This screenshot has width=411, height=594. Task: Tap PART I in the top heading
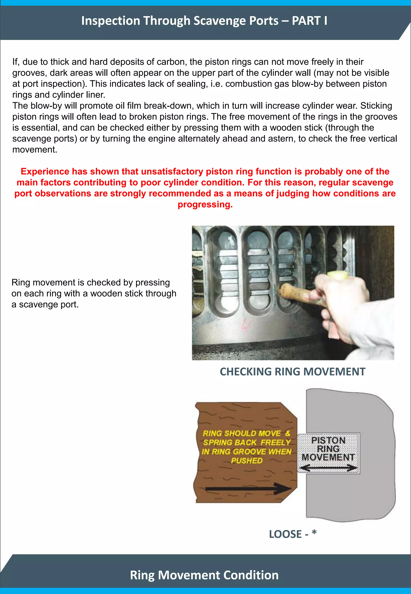pos(309,21)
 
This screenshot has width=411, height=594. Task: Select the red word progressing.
pos(205,205)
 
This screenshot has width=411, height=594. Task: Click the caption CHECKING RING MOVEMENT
pos(293,372)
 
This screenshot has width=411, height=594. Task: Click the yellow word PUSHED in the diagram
pos(246,461)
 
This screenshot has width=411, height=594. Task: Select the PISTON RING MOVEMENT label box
pos(328,453)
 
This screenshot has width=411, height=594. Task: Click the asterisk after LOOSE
pos(314,533)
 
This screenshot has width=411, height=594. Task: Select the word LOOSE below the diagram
pos(285,534)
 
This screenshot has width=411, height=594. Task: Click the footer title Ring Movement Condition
pos(204,575)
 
